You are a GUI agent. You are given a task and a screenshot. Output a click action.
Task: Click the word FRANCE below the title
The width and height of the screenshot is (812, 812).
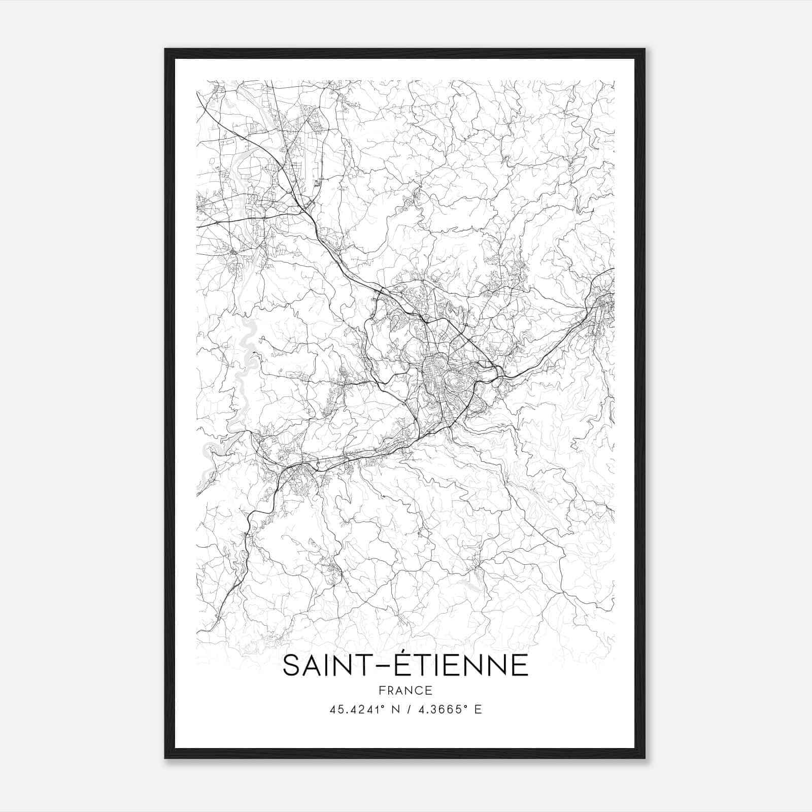[405, 690]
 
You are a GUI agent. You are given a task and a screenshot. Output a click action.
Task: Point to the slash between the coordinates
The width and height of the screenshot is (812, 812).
[407, 709]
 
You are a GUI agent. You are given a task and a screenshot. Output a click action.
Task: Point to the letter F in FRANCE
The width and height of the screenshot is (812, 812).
[382, 690]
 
